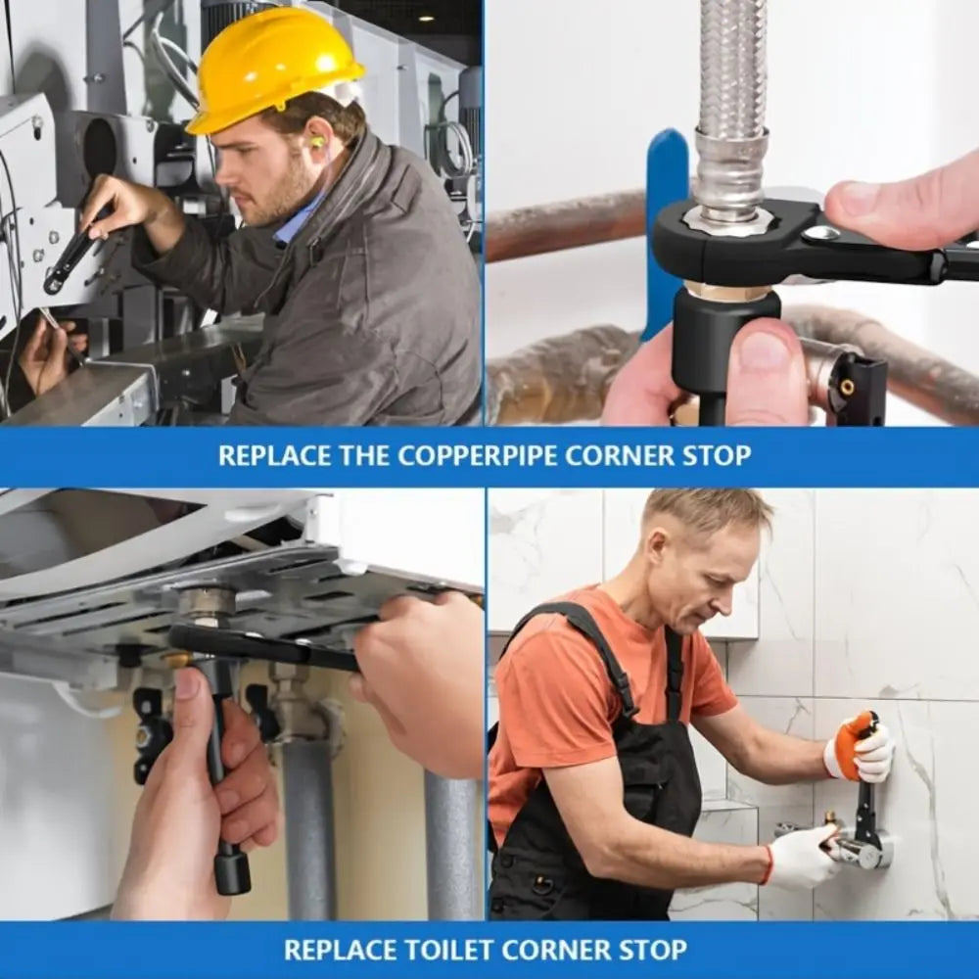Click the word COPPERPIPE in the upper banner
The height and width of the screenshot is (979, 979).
coord(477,456)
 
